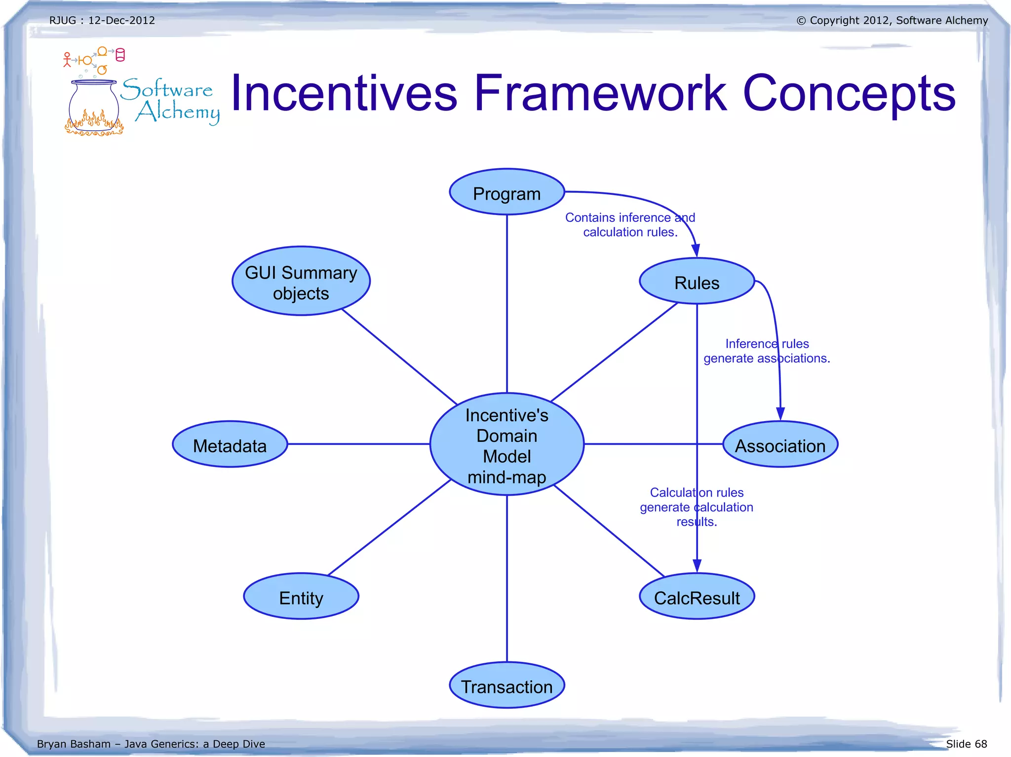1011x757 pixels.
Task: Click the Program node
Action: point(506,192)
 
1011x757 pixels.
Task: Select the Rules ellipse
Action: point(697,282)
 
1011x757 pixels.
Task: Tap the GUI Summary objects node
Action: point(301,282)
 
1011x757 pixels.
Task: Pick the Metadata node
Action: point(230,445)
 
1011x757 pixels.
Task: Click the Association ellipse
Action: point(780,445)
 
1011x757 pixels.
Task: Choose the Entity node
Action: point(301,597)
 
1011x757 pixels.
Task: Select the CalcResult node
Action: point(697,597)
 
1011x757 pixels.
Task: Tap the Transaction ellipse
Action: point(506,685)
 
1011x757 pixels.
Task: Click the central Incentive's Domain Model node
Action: point(506,444)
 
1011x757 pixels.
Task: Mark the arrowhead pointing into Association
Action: point(780,414)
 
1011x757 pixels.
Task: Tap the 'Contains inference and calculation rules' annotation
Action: point(630,225)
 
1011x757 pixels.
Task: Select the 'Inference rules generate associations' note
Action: point(767,351)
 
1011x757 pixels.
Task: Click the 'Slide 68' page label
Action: point(966,744)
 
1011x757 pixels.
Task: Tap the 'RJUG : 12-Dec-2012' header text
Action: point(102,20)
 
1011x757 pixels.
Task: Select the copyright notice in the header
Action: point(892,20)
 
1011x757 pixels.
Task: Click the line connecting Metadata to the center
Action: point(358,444)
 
